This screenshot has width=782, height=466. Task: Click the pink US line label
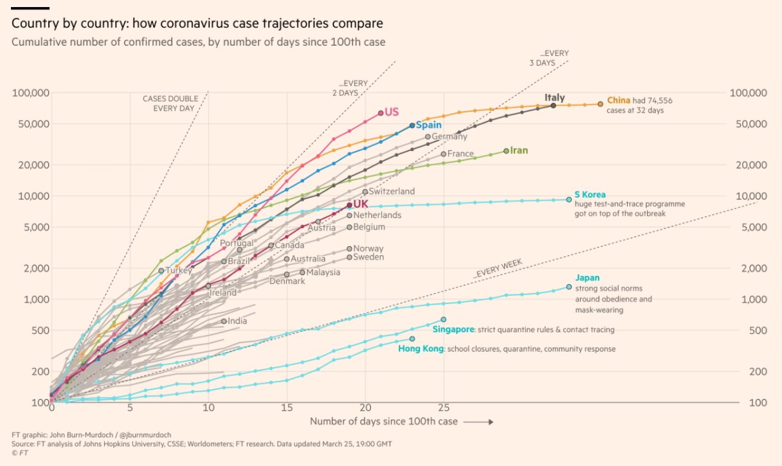pyautogui.click(x=392, y=112)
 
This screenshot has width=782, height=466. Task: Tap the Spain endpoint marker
pyautogui.click(x=412, y=126)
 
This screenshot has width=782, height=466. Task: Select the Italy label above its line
pyautogui.click(x=555, y=98)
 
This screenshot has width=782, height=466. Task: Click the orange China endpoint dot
pyautogui.click(x=601, y=103)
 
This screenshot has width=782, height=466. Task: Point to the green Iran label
pyautogui.click(x=519, y=150)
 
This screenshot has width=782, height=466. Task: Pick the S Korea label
pyautogui.click(x=590, y=194)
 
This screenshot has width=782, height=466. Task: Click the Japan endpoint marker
pyautogui.click(x=568, y=287)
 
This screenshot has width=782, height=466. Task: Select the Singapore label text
pyautogui.click(x=453, y=330)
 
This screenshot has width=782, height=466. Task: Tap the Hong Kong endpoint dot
pyautogui.click(x=412, y=339)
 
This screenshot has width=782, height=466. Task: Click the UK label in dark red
pyautogui.click(x=361, y=204)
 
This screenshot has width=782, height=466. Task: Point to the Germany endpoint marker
pyautogui.click(x=428, y=137)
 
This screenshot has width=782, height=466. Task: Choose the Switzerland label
pyautogui.click(x=392, y=192)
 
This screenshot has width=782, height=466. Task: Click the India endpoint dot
pyautogui.click(x=224, y=321)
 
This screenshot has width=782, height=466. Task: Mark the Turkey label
pyautogui.click(x=179, y=271)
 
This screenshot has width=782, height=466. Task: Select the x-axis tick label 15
pyautogui.click(x=287, y=408)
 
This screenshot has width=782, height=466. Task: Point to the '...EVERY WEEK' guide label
pyautogui.click(x=498, y=269)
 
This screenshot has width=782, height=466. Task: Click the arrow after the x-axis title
pyautogui.click(x=478, y=422)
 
